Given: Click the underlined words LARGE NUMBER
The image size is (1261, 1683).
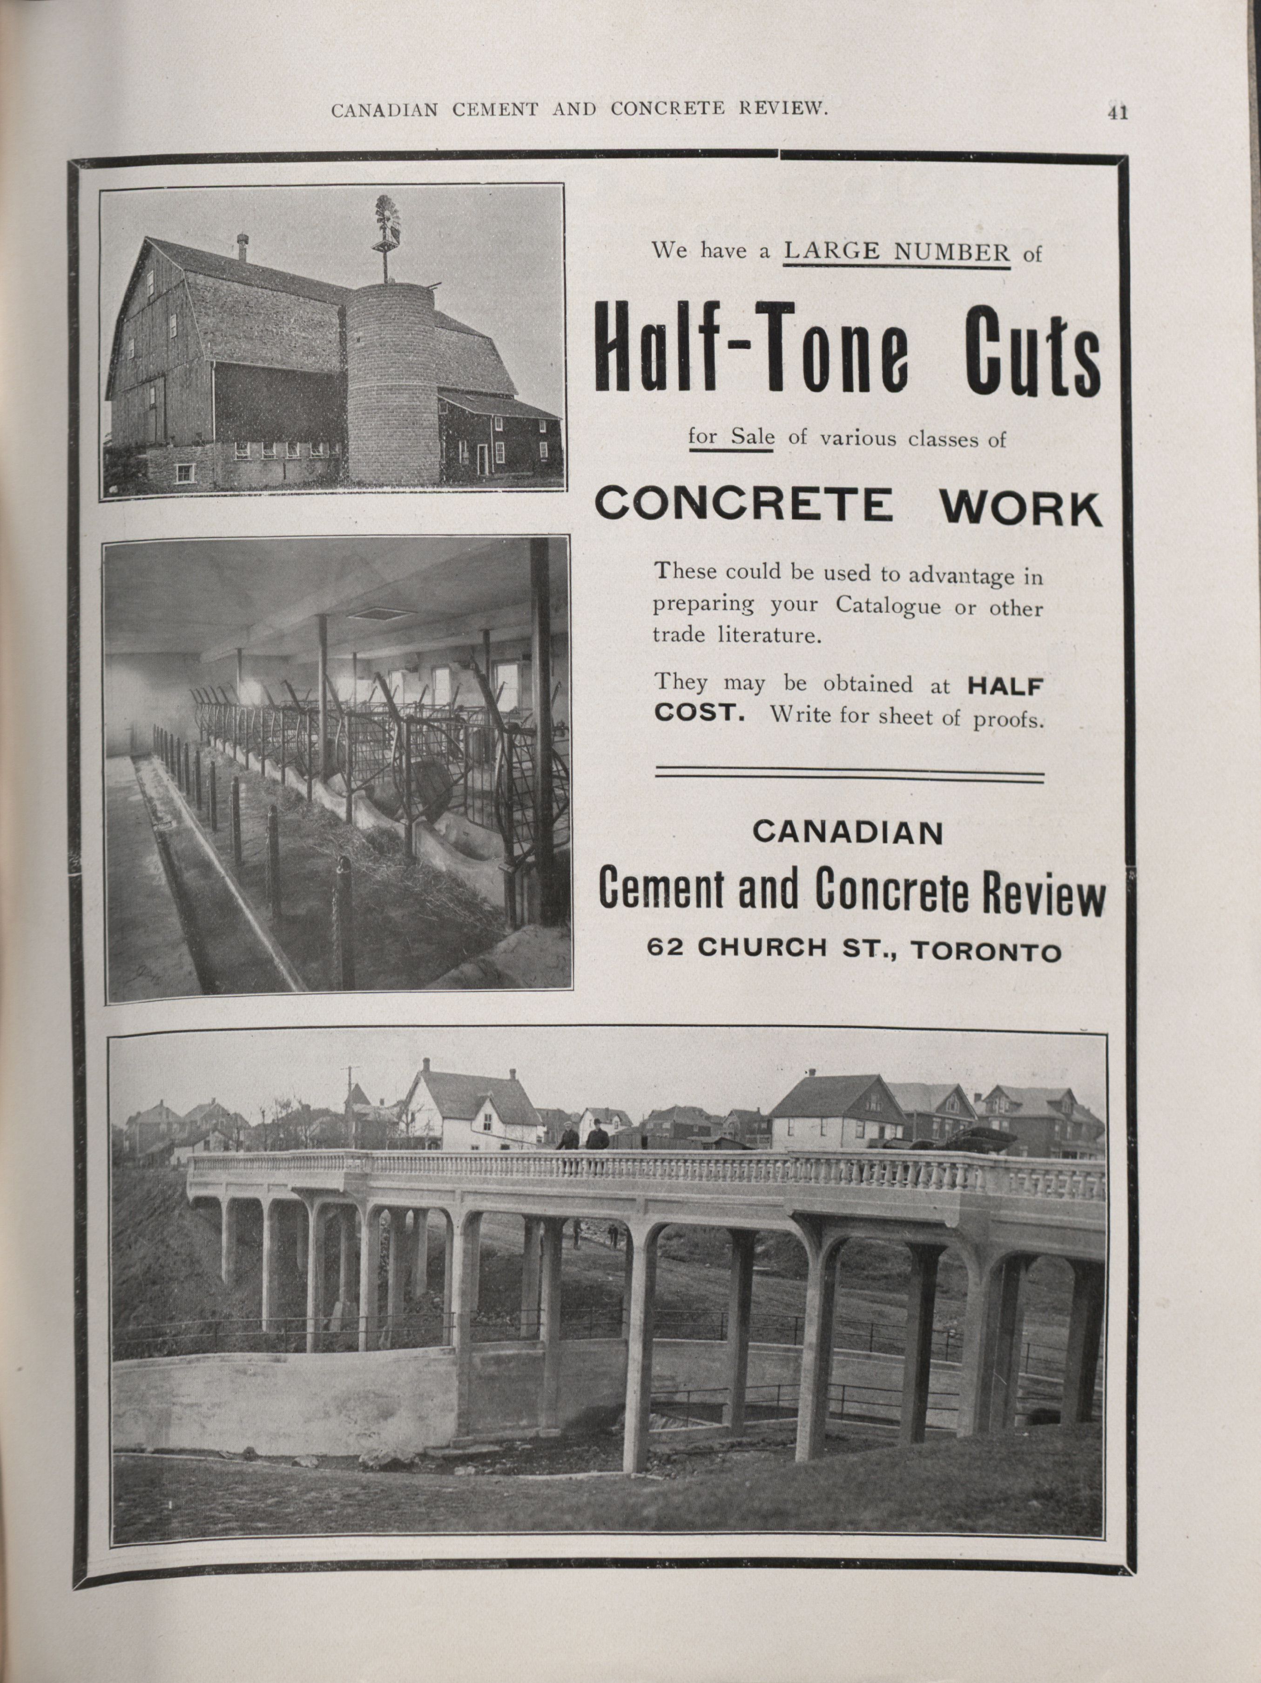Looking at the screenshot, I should coord(897,251).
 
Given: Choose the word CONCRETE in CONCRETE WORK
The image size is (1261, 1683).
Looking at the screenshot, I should coord(743,503).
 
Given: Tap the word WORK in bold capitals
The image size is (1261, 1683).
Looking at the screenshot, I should coord(1020,508).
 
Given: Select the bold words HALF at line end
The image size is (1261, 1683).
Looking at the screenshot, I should coord(1005,686).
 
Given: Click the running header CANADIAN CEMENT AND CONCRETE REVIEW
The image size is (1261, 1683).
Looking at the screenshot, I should coord(579,109).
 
